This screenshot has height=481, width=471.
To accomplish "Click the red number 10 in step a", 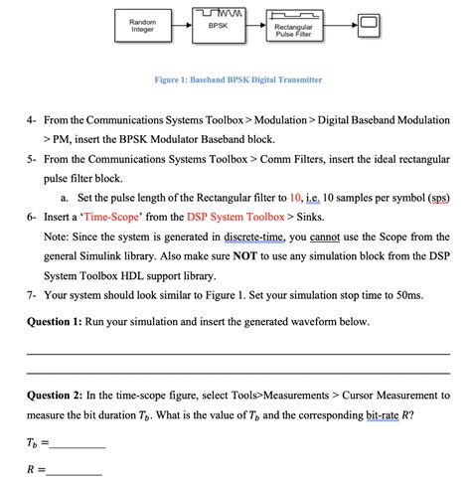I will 324,196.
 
